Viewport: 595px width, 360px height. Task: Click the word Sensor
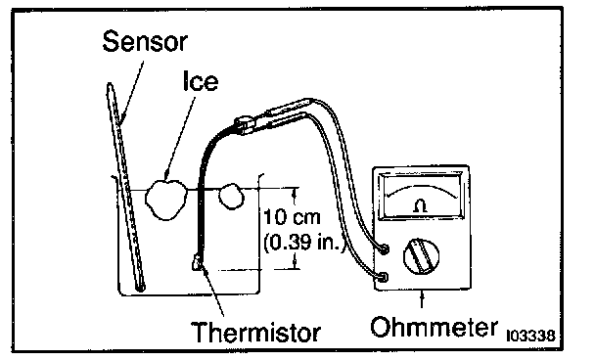tap(145, 41)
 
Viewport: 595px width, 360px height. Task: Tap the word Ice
tap(201, 81)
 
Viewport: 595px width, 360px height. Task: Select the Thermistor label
tap(255, 332)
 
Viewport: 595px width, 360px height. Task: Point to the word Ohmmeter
tap(434, 327)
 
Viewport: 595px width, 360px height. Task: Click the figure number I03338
tap(530, 336)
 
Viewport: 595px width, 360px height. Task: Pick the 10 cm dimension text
tap(292, 217)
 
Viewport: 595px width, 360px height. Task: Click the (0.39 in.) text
tap(304, 242)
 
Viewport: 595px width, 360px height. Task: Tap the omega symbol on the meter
tap(421, 206)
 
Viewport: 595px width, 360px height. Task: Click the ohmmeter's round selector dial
tap(421, 256)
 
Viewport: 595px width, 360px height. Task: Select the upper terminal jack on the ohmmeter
tap(384, 249)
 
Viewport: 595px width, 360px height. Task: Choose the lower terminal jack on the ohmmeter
tap(383, 277)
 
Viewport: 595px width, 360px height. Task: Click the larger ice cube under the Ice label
tap(166, 200)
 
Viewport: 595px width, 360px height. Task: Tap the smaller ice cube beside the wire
tap(230, 196)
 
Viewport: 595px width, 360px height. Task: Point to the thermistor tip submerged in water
tap(197, 262)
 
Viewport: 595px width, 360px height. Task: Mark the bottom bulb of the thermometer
tap(140, 288)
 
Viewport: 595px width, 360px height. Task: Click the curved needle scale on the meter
tap(423, 191)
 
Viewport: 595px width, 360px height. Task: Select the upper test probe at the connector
tap(288, 107)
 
